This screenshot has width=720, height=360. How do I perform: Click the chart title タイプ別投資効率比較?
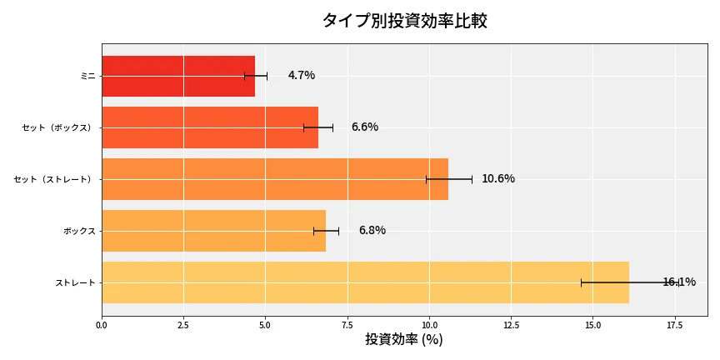pos(404,21)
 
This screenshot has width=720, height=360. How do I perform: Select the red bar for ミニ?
pos(177,76)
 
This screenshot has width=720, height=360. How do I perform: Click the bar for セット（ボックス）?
pos(209,127)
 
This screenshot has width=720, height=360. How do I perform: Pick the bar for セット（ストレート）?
pos(274,179)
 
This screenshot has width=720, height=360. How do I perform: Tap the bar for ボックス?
pos(213,231)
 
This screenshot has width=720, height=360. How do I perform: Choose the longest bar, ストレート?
pos(365,282)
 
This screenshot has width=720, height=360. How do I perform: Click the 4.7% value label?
pos(302,76)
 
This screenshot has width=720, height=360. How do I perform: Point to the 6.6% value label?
pos(365,127)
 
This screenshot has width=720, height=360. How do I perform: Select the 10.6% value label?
pos(498,179)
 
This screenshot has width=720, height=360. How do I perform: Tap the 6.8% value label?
pos(372,231)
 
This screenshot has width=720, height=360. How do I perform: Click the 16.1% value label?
pos(678,282)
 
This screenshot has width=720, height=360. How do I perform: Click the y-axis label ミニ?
pos(87,76)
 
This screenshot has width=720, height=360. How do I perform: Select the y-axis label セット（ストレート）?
pos(55,179)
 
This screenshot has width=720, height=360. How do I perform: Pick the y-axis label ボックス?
pos(79,231)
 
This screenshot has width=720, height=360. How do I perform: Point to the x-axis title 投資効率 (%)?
pos(404,340)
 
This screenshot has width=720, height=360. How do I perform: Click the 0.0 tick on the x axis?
pos(102,324)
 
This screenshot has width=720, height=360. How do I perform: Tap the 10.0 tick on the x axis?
pos(429,324)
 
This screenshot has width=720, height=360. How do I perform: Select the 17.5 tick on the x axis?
pos(674,324)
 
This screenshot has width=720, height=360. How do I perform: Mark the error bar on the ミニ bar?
pos(256,76)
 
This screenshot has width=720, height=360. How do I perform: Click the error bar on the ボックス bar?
pos(326,231)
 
